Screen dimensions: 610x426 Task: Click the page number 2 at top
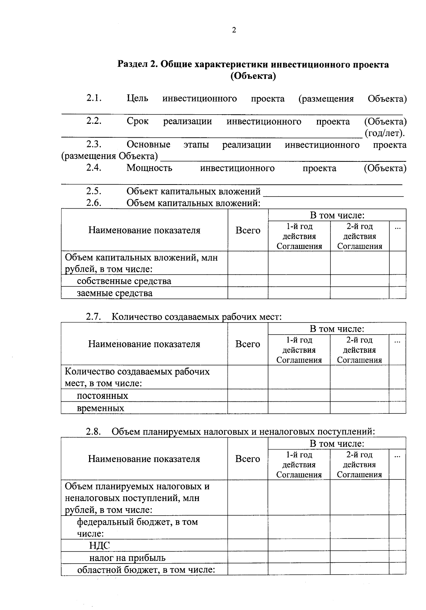click(234, 30)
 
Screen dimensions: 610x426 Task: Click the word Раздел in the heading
click(132, 65)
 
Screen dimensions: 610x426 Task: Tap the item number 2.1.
click(94, 98)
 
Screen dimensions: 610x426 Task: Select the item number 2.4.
click(94, 167)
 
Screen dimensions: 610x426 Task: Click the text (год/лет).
click(384, 133)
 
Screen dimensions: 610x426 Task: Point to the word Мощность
click(149, 168)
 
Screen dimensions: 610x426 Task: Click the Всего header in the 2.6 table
click(248, 230)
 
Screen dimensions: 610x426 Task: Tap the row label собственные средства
click(124, 281)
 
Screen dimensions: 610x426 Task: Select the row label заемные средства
click(115, 293)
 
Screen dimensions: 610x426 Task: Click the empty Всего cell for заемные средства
click(248, 293)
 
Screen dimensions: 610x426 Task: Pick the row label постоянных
click(103, 396)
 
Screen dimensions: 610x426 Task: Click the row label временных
click(100, 408)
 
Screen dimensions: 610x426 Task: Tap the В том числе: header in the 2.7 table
click(337, 329)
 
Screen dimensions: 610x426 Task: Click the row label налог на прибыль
click(127, 557)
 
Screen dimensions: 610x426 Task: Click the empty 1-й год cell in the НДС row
click(299, 545)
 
